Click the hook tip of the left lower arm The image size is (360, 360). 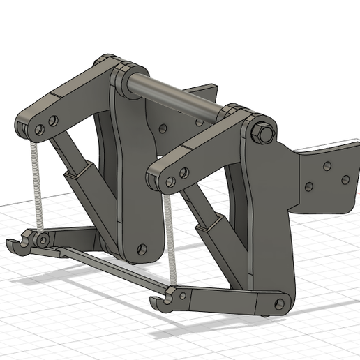tap(14, 244)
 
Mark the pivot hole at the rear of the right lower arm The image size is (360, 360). tap(280, 303)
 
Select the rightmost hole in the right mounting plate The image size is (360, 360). tap(345, 180)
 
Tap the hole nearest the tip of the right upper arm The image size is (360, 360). tap(170, 181)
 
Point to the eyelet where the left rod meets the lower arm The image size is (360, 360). tap(43, 239)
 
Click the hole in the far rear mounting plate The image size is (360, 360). tap(163, 128)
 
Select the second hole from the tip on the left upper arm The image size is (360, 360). tap(53, 121)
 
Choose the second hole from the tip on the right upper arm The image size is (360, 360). tap(183, 172)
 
